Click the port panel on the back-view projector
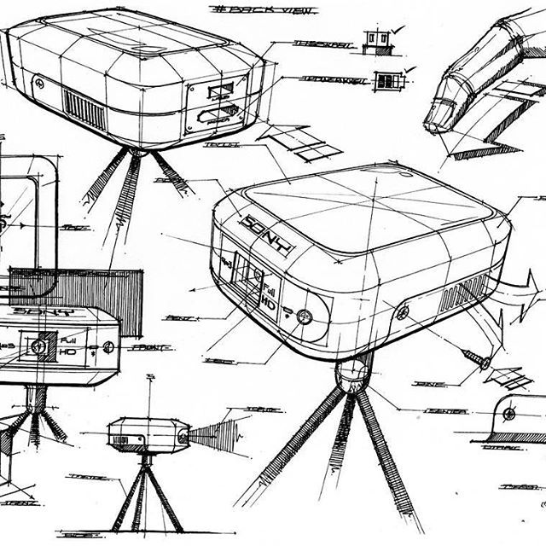click(216, 102)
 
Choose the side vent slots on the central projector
click(462, 294)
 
